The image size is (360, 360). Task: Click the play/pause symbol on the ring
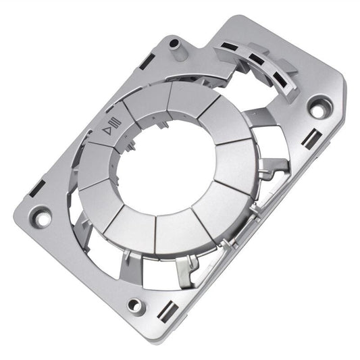pos(111,126)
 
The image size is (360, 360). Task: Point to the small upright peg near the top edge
pos(174,45)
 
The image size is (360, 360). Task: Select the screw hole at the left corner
pos(41,217)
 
